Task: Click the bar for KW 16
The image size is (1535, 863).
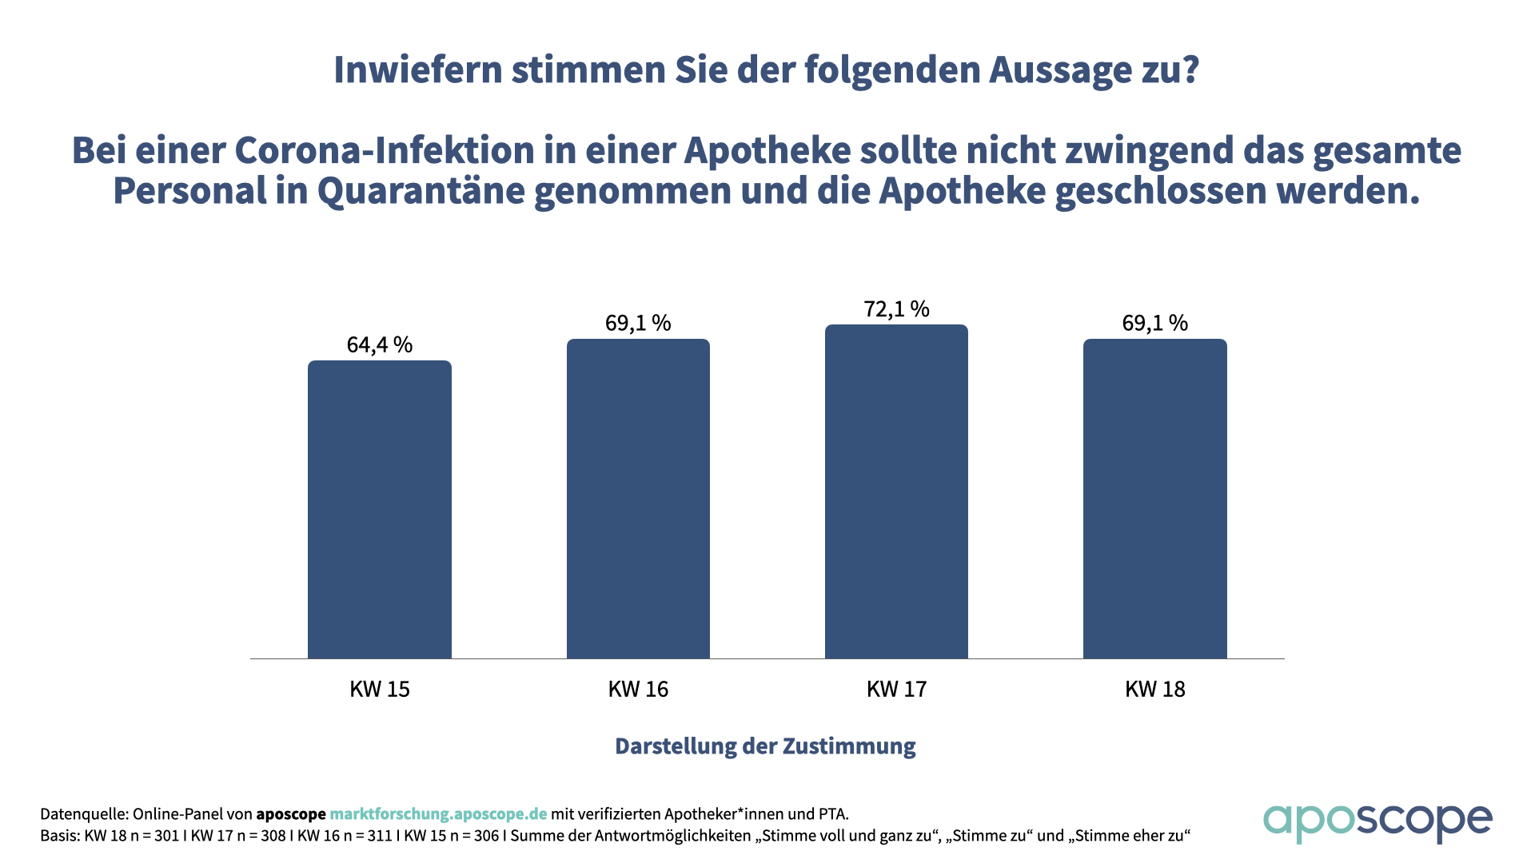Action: click(x=638, y=499)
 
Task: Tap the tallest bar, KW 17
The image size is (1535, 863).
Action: click(x=896, y=491)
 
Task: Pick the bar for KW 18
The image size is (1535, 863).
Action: click(x=1154, y=499)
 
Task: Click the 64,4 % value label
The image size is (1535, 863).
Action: click(x=380, y=344)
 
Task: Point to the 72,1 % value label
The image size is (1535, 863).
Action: click(x=896, y=309)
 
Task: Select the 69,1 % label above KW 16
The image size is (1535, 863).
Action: click(x=638, y=323)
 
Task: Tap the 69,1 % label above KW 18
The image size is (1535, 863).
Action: click(x=1154, y=323)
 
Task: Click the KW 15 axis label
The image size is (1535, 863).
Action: click(x=380, y=689)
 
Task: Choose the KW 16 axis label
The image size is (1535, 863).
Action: click(x=638, y=689)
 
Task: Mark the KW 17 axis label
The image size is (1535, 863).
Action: click(x=896, y=689)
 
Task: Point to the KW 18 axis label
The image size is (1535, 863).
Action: click(x=1154, y=689)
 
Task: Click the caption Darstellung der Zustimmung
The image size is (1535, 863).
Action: click(x=765, y=746)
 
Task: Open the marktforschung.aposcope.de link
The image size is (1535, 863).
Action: click(x=438, y=814)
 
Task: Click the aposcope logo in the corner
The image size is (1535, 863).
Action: click(x=1377, y=822)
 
